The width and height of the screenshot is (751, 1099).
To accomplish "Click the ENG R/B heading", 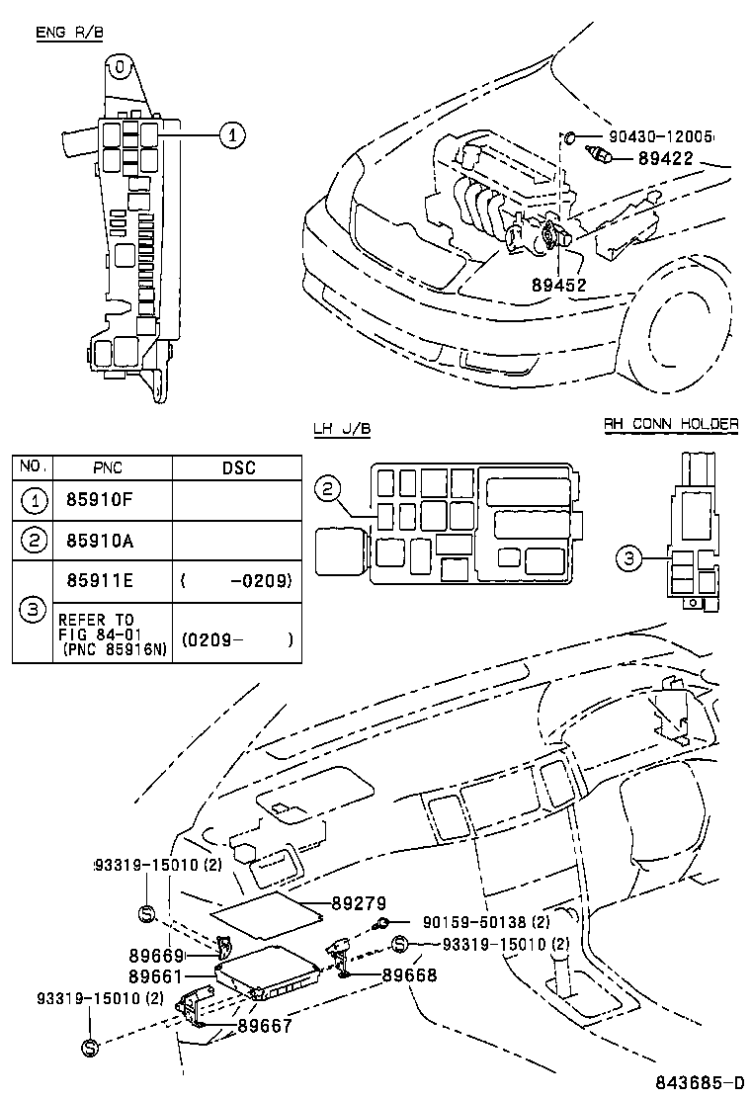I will point(69,33).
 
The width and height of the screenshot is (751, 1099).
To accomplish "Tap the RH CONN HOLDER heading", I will point(671,424).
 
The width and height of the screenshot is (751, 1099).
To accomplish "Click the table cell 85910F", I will point(98,500).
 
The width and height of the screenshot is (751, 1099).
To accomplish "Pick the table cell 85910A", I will point(98,541).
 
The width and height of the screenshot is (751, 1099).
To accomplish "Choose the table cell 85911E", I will point(98,581).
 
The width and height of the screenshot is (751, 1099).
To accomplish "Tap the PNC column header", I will point(108,467).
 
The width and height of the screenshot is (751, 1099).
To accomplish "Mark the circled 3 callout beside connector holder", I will point(628,559).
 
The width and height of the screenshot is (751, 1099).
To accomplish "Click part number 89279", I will point(358,903).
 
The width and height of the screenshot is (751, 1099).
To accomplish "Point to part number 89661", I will point(156,975).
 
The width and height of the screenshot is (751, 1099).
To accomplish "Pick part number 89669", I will point(156,956).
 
